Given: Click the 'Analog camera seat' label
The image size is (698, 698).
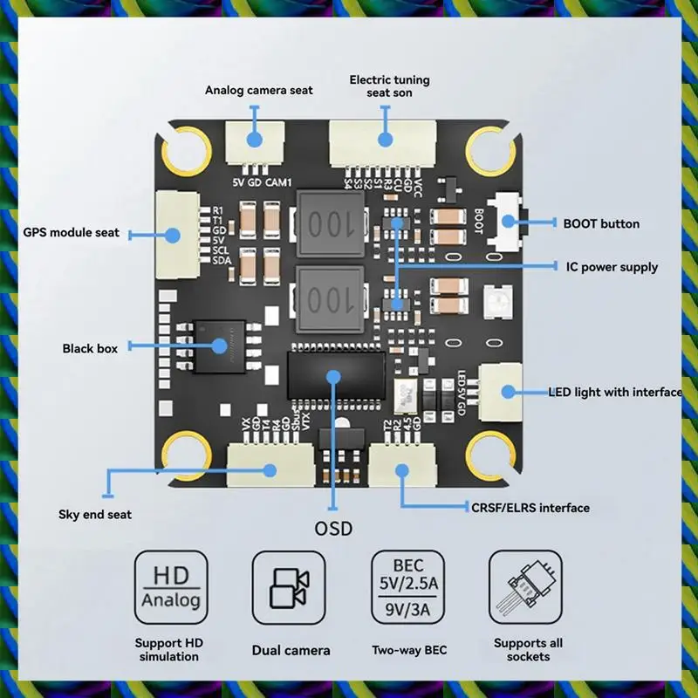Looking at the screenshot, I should point(258,90).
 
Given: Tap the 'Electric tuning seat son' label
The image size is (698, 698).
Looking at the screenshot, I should point(389,86).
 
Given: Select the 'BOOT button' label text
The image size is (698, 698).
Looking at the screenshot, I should point(600,223).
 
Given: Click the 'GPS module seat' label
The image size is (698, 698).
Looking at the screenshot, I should point(72,233).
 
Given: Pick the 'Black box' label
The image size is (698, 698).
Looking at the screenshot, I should point(90,348).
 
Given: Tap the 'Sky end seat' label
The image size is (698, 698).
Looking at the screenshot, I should point(95,514).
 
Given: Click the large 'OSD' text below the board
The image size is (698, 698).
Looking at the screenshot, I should point(333,528).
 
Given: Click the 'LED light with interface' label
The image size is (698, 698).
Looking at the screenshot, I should point(614,392).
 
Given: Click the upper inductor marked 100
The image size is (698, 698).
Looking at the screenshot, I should point(330,223).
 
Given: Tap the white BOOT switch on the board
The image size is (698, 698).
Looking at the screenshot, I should point(506,222).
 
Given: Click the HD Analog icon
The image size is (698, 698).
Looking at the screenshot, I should point(171,586).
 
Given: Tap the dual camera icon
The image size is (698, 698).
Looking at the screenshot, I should point(289,588).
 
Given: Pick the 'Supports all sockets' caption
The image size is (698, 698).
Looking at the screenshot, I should point(528,649).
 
